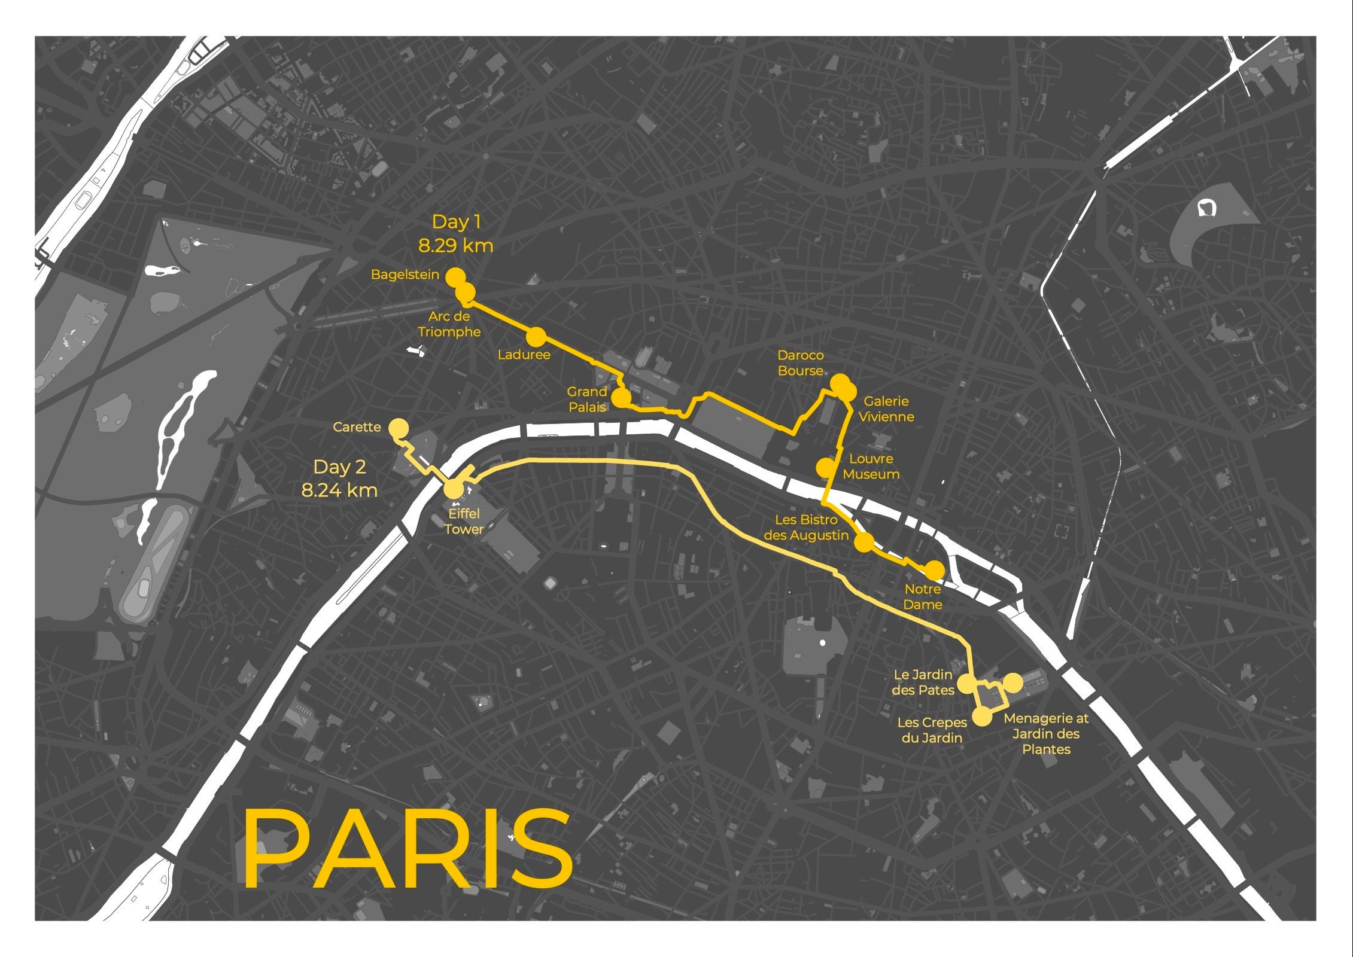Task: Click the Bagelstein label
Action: pos(405,275)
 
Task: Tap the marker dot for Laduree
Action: pos(536,337)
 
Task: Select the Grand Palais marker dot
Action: pos(622,398)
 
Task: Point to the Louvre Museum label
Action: pos(871,467)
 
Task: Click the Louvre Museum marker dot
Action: pos(826,467)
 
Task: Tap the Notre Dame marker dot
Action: pos(934,571)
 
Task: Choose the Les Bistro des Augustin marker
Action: pos(864,542)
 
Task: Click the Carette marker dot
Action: pos(399,429)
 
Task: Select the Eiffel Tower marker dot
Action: pos(454,490)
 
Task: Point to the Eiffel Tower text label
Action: pos(464,521)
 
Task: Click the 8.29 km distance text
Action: pos(455,245)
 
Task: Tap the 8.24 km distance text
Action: pos(339,490)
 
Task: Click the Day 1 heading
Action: pos(456,222)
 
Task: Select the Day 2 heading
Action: pos(339,467)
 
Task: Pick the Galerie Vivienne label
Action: pos(886,409)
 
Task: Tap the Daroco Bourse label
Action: pos(801,363)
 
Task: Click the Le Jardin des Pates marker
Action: pos(967,683)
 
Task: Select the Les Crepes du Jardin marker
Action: pos(982,716)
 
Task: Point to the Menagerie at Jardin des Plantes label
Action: pos(1046,734)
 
